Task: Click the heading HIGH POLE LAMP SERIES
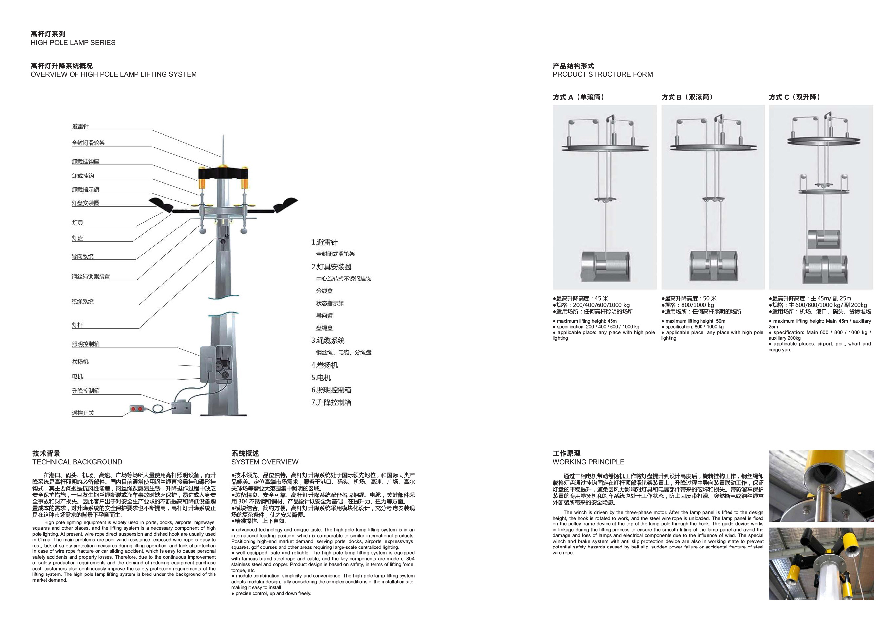click(73, 42)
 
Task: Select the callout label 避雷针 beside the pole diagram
click(80, 126)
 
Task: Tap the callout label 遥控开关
click(83, 413)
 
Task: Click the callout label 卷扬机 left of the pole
click(80, 361)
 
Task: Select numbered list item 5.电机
click(321, 378)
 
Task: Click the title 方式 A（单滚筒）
click(579, 97)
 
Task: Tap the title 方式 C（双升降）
click(795, 97)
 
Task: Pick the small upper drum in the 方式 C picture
click(821, 239)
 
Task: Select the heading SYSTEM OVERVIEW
click(265, 462)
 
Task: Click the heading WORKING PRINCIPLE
click(588, 462)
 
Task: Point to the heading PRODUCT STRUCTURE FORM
click(603, 74)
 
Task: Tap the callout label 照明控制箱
click(86, 344)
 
